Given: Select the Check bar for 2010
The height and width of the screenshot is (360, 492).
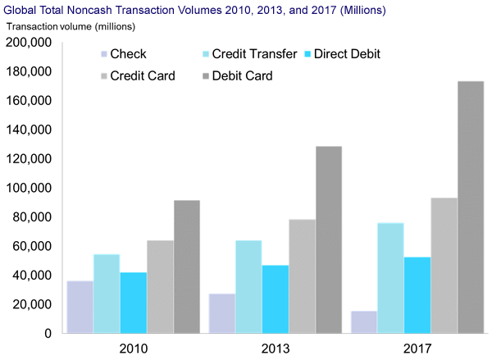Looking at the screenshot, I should click(x=80, y=308).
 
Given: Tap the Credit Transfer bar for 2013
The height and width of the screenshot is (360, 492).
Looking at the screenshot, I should click(x=248, y=287).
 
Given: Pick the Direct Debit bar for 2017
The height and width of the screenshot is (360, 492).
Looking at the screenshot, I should click(x=417, y=295).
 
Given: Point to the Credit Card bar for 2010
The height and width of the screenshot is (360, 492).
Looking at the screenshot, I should click(x=160, y=287).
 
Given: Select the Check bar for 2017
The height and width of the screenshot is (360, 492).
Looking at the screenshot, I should click(x=364, y=322).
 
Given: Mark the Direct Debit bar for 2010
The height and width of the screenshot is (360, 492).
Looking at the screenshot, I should click(x=133, y=303).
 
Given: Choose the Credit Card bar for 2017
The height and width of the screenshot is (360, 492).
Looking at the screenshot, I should click(x=444, y=266).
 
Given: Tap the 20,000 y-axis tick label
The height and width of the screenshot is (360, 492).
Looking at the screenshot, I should click(x=32, y=304).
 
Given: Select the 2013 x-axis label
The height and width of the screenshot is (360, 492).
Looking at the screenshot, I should click(x=276, y=348).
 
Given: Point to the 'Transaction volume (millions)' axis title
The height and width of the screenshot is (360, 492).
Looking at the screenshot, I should click(x=62, y=26).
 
